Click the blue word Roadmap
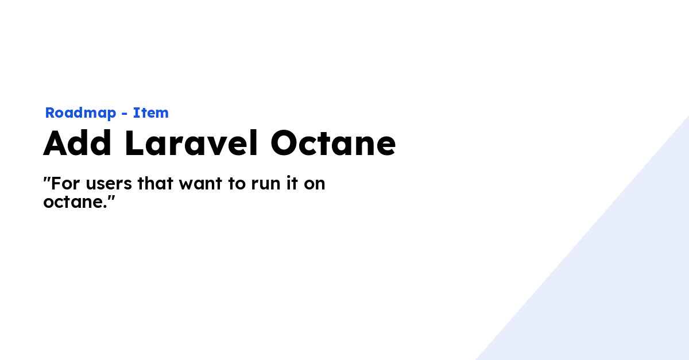[x=80, y=113]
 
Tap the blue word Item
[x=150, y=113]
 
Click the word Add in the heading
[x=77, y=143]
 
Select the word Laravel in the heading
[x=191, y=143]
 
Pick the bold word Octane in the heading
[x=333, y=144]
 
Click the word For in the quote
[x=65, y=183]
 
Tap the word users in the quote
[x=109, y=184]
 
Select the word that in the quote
[x=156, y=183]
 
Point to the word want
[x=201, y=184]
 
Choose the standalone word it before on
[x=292, y=183]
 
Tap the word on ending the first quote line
[x=315, y=184]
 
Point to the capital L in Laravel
[x=134, y=143]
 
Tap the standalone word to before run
[x=237, y=184]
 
